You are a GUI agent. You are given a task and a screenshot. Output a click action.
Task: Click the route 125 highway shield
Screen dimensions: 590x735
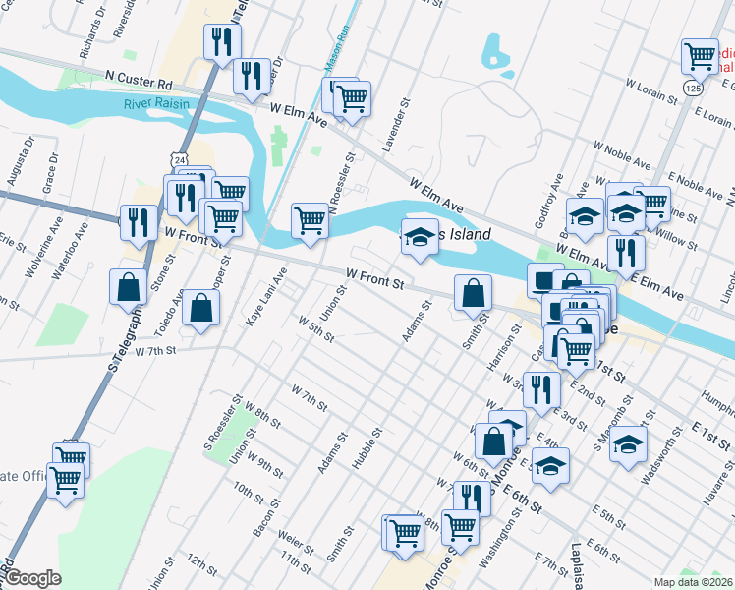[695, 88]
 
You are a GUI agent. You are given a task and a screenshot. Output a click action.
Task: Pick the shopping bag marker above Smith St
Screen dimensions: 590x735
[474, 292]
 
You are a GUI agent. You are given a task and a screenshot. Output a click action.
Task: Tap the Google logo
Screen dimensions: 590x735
[32, 578]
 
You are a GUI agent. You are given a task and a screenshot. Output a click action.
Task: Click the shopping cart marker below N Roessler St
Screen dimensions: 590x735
[311, 219]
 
